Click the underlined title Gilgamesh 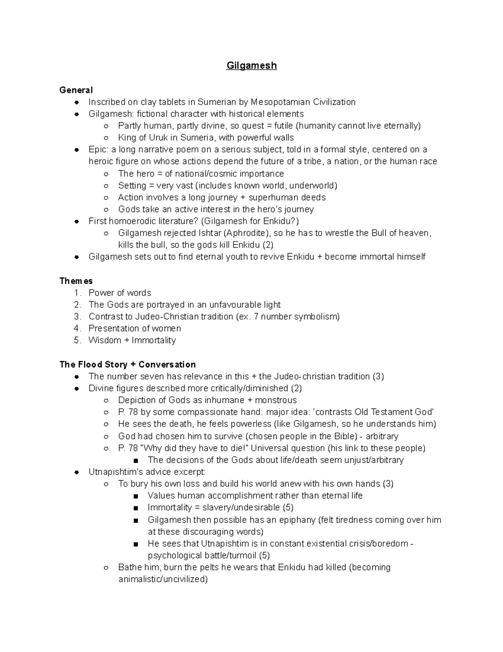click(251, 66)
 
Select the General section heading click(76, 90)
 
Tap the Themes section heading click(76, 281)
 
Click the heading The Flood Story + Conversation click(127, 364)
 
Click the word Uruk click(158, 138)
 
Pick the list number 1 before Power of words click(77, 293)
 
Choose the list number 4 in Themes click(77, 328)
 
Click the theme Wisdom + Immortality click(132, 340)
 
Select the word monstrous click(276, 400)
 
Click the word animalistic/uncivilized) click(163, 579)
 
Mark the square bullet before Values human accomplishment click(135, 496)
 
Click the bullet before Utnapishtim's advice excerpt click(77, 472)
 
